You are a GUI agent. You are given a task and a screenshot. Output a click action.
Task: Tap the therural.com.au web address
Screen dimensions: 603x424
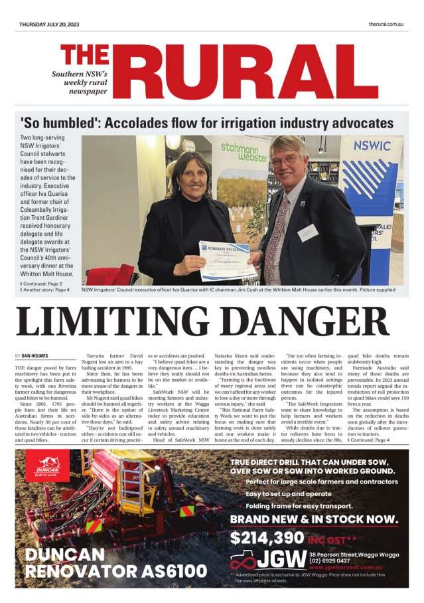[386, 24]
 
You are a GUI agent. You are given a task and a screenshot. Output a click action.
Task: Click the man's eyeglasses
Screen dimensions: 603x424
[285, 161]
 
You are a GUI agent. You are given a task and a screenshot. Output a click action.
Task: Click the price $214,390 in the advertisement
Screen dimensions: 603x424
[267, 537]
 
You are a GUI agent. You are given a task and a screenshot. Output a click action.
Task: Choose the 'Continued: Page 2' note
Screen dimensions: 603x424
[42, 284]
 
